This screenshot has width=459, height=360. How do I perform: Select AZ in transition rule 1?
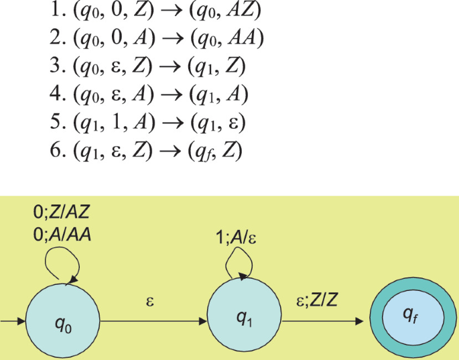click(x=244, y=13)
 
